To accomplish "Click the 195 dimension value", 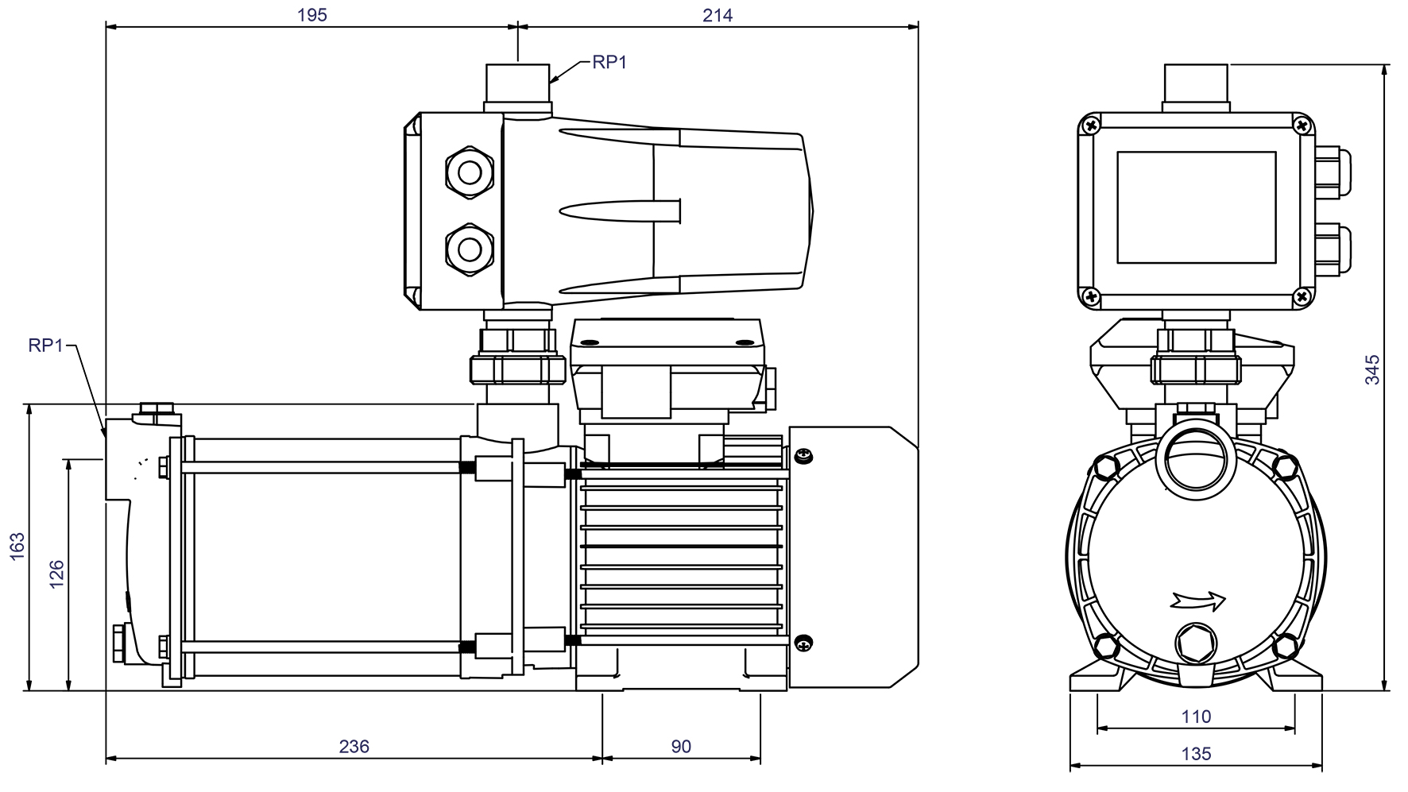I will coord(311,15).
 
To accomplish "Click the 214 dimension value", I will coord(718,15).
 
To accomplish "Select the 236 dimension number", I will coord(354,747).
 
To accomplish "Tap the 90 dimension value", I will coord(681,747).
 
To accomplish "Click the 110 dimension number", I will coord(1196,717).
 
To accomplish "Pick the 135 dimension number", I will coord(1196,753).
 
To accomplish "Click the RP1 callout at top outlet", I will coord(609,63).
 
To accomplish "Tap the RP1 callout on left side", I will coord(45,345).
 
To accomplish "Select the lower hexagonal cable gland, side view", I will coord(470,248).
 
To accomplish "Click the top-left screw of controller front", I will coord(1092,125).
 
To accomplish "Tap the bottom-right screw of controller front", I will coord(1302,297).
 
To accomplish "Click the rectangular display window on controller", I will coord(1196,207).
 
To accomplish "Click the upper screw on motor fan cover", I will coord(803,456).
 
